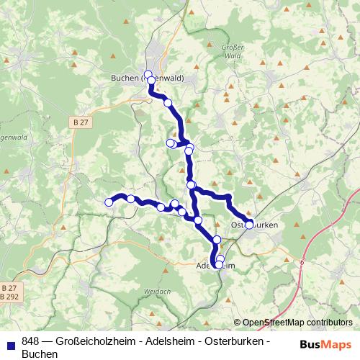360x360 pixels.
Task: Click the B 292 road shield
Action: (9, 296)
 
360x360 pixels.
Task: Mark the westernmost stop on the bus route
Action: (109, 202)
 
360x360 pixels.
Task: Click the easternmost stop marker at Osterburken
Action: (250, 225)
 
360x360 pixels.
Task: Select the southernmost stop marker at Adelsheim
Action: (219, 265)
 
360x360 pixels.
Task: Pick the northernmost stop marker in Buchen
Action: (148, 74)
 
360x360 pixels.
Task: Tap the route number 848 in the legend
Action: (31, 341)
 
